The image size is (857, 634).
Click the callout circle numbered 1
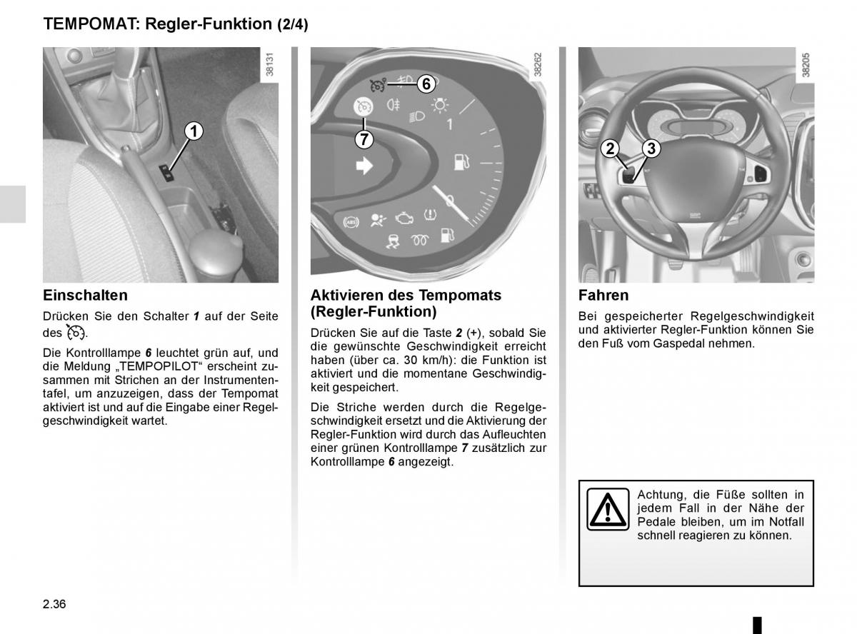pyautogui.click(x=194, y=131)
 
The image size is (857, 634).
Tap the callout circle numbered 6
pyautogui.click(x=426, y=84)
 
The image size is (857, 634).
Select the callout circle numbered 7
pyautogui.click(x=364, y=139)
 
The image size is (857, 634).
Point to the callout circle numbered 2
pyautogui.click(x=610, y=149)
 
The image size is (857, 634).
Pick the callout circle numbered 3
pyautogui.click(x=651, y=149)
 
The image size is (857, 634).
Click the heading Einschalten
pyautogui.click(x=86, y=295)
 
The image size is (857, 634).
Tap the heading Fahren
pyautogui.click(x=603, y=295)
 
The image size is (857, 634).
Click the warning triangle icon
pyautogui.click(x=608, y=509)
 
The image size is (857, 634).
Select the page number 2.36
pyautogui.click(x=54, y=604)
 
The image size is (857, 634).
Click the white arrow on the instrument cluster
pyautogui.click(x=364, y=166)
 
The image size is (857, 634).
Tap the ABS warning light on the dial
pyautogui.click(x=351, y=222)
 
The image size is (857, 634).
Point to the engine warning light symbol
pyautogui.click(x=404, y=218)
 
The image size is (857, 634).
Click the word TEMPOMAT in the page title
pyautogui.click(x=91, y=24)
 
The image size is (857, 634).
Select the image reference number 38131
pyautogui.click(x=270, y=64)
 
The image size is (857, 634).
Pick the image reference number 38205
pyautogui.click(x=806, y=64)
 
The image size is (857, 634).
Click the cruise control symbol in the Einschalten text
pyautogui.click(x=76, y=332)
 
